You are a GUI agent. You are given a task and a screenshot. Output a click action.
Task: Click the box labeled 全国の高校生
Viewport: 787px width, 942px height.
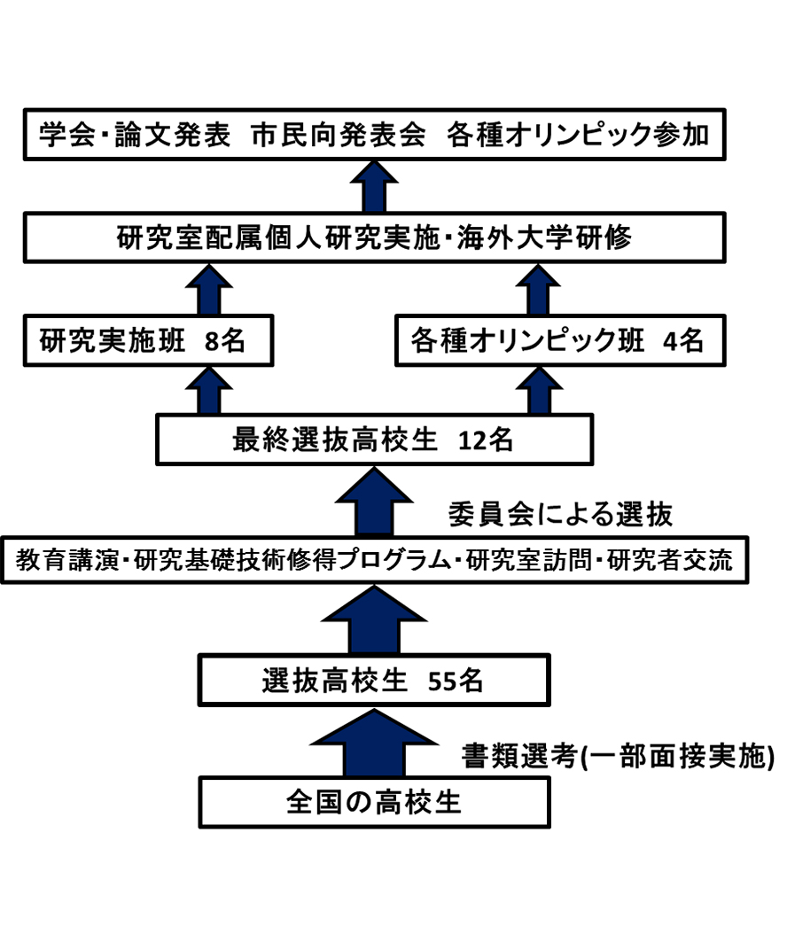[x=374, y=803]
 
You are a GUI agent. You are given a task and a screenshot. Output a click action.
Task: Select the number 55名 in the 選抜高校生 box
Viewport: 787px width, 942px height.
[x=456, y=681]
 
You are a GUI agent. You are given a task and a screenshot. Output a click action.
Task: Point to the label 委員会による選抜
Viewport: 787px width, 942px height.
[x=559, y=512]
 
